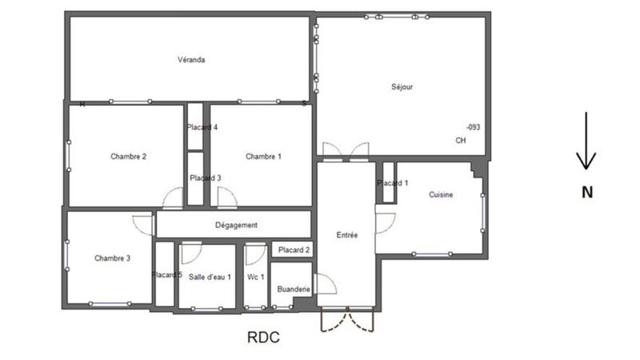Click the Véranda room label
point(191,60)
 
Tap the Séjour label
point(402,86)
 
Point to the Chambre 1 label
point(263,156)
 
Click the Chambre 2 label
point(128,156)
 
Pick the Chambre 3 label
point(112,258)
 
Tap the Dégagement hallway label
point(236,226)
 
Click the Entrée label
point(347,235)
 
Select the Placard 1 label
point(393,183)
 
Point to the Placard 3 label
point(205,178)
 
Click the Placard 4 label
point(202,127)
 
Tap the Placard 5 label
point(167,275)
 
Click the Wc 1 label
point(256,277)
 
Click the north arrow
point(586,142)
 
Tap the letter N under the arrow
point(586,192)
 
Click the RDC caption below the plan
point(263,338)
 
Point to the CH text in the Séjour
point(460,141)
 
